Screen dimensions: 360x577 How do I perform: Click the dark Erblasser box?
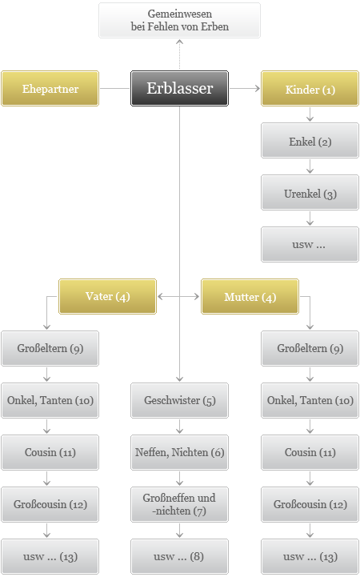coord(179,88)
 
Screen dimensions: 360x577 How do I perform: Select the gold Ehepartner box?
coord(50,88)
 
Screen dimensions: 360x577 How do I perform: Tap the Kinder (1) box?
coord(310,88)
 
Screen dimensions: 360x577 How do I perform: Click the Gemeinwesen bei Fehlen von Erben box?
coord(179,20)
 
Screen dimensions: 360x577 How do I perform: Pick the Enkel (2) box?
coord(310,141)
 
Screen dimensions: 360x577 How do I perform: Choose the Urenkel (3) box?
coord(310,192)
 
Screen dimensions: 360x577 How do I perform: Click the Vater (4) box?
coord(107,296)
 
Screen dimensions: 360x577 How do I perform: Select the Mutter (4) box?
coord(250,296)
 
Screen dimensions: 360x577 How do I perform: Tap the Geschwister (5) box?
coord(179,400)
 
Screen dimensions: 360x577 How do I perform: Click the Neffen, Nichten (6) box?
coord(179,452)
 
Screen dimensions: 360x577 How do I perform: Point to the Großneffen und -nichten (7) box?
coord(179,504)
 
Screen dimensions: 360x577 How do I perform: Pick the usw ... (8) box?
coord(179,556)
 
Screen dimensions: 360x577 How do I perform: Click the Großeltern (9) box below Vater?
coord(50,348)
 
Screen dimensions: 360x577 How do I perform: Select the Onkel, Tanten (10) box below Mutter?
coord(310,400)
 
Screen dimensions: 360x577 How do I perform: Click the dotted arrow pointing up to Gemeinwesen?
coord(179,54)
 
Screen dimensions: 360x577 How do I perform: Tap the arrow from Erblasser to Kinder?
coord(245,88)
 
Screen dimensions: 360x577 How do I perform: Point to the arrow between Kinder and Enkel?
coord(310,114)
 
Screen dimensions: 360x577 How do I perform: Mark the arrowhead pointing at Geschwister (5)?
coord(179,379)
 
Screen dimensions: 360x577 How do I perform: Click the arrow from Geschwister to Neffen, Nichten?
coord(179,427)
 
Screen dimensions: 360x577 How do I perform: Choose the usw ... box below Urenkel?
coord(310,244)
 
